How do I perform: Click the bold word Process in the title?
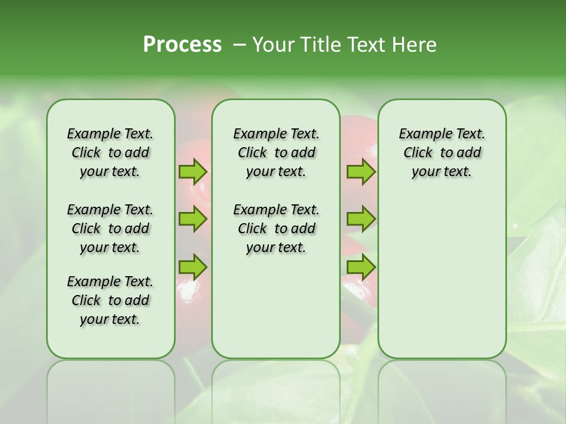[182, 45]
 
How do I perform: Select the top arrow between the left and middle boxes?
[193, 171]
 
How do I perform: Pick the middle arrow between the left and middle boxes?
[193, 219]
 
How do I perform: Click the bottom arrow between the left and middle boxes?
[193, 267]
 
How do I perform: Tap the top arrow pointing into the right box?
[360, 171]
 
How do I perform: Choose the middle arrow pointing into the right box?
[360, 219]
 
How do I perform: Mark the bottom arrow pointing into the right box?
[360, 267]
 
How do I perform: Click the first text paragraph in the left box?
[110, 153]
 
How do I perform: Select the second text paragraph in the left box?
[110, 228]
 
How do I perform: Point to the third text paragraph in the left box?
[110, 300]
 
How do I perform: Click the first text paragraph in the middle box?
[276, 153]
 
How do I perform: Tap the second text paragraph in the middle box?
[276, 228]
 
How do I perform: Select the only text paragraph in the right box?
[442, 153]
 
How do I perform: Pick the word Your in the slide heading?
[273, 45]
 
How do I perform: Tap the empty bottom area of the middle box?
[276, 312]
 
